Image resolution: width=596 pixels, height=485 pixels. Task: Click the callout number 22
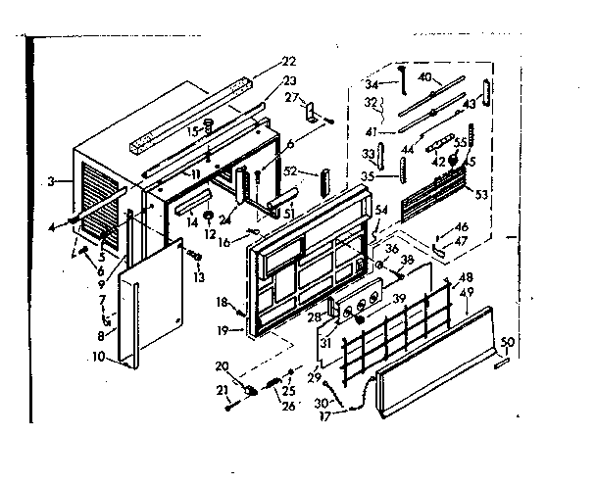click(260, 60)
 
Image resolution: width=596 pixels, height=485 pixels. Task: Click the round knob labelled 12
click(209, 215)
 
